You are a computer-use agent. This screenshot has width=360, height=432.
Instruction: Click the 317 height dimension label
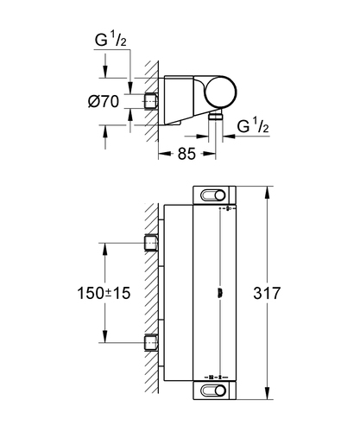tap(267, 293)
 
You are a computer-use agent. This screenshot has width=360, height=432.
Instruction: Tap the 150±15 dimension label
tap(104, 293)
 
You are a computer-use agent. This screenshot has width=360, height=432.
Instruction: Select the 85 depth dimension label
tap(186, 154)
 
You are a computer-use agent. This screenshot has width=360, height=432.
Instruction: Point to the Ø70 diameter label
tap(104, 101)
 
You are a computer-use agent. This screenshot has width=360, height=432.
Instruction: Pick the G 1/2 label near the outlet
tap(253, 125)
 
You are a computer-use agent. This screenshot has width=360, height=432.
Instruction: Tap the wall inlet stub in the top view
tap(150, 101)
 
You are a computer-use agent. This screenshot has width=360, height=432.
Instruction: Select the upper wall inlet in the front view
tap(150, 243)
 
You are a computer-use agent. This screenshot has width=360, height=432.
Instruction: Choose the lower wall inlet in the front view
tap(150, 343)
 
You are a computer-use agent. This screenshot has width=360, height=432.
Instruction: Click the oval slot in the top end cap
tap(212, 195)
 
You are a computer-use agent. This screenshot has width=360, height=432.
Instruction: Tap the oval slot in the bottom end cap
tap(212, 391)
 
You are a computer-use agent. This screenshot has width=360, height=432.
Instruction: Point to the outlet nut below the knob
tap(216, 116)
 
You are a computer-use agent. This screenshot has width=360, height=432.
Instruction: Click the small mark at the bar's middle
tap(220, 293)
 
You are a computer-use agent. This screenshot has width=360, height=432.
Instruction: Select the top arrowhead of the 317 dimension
tap(268, 193)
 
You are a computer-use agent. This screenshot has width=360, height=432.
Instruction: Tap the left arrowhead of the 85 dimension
tap(165, 154)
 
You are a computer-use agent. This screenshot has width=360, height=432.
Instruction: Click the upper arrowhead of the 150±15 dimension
tap(104, 250)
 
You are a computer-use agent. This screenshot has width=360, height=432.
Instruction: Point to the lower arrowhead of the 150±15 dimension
tap(104, 336)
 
